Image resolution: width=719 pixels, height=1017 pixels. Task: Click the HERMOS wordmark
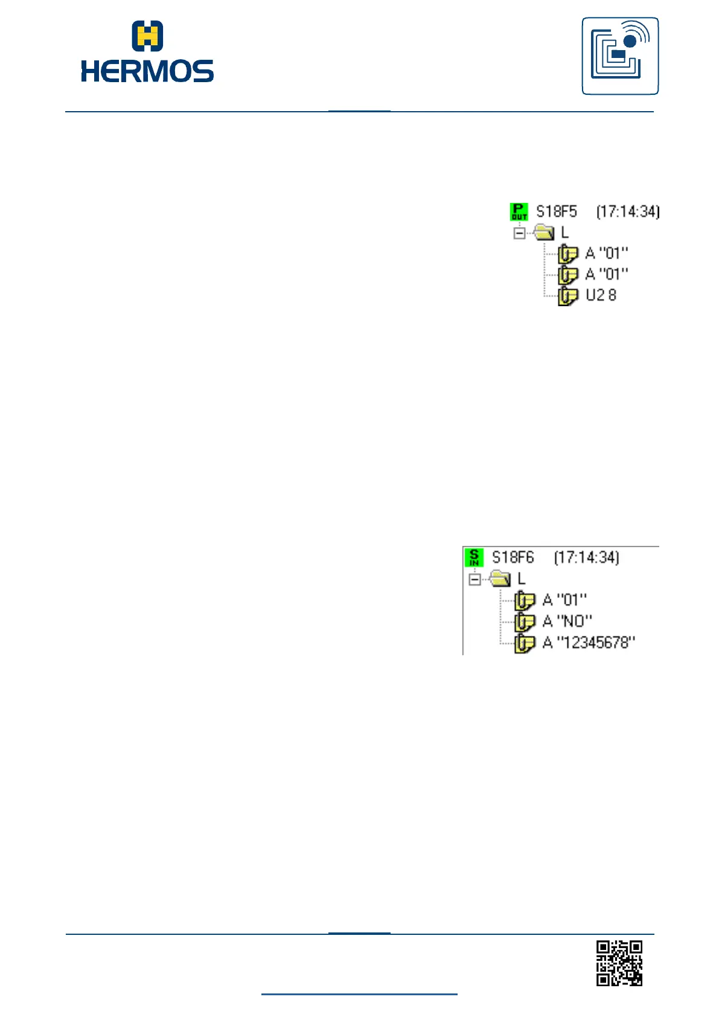pyautogui.click(x=147, y=71)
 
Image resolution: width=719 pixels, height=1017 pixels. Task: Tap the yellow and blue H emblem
pyautogui.click(x=147, y=36)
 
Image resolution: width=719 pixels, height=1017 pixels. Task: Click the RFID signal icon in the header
pyautogui.click(x=620, y=56)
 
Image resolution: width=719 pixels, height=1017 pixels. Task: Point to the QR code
pyautogui.click(x=619, y=963)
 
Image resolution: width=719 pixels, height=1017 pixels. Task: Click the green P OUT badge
pyautogui.click(x=519, y=211)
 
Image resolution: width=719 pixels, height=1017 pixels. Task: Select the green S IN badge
pyautogui.click(x=474, y=557)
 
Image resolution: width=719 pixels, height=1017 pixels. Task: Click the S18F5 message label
pyautogui.click(x=557, y=211)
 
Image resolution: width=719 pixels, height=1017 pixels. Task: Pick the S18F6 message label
pyautogui.click(x=513, y=557)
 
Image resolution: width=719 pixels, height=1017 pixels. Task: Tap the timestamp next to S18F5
pyautogui.click(x=628, y=211)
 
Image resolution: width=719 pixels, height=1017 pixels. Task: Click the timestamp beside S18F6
pyautogui.click(x=586, y=557)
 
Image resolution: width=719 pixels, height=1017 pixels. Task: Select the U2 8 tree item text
pyautogui.click(x=601, y=295)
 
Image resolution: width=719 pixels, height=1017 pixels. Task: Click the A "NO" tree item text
pyautogui.click(x=567, y=621)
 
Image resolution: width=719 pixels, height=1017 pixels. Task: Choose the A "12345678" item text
pyautogui.click(x=589, y=642)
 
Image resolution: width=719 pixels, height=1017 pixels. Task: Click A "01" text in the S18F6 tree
pyautogui.click(x=564, y=600)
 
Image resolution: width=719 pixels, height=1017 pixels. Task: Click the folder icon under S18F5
pyautogui.click(x=544, y=232)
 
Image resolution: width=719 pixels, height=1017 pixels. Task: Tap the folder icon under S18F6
pyautogui.click(x=500, y=579)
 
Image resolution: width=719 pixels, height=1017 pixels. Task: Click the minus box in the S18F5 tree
pyautogui.click(x=519, y=233)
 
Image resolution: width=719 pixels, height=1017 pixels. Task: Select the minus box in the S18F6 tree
pyautogui.click(x=475, y=579)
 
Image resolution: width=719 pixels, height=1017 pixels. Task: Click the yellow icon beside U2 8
pyautogui.click(x=567, y=295)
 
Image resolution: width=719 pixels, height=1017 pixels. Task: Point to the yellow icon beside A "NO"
pyautogui.click(x=524, y=621)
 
